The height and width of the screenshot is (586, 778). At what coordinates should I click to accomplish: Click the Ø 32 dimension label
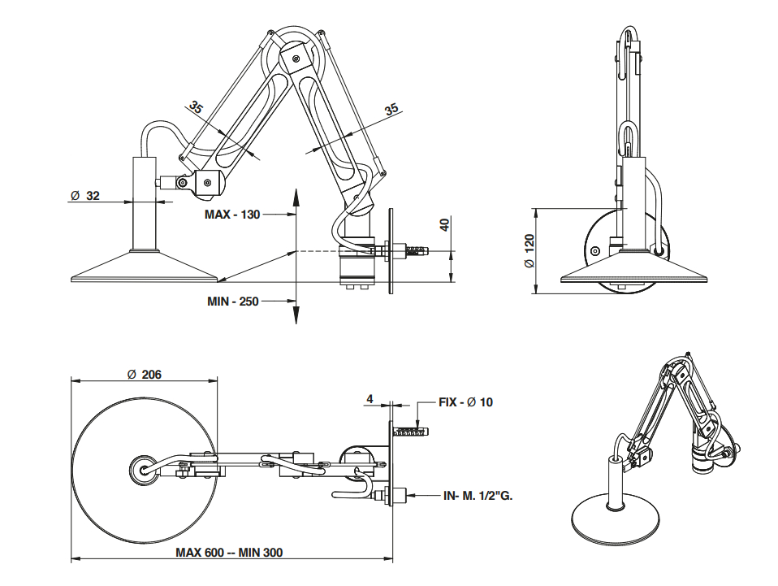(85, 195)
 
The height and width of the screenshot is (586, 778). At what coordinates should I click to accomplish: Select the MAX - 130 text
(232, 215)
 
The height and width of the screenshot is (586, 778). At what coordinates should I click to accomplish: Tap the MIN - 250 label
(232, 302)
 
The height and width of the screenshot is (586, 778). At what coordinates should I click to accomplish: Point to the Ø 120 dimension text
(529, 252)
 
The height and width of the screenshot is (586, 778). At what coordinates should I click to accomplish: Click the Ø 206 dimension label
(145, 375)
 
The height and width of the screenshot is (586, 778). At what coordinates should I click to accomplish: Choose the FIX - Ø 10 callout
(465, 402)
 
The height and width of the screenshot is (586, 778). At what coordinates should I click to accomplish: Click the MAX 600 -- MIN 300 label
(229, 552)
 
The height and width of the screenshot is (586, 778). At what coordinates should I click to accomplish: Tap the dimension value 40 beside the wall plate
(444, 225)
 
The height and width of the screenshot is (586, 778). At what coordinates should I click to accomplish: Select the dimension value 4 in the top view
(370, 399)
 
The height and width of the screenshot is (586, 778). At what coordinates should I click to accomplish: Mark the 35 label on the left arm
(197, 106)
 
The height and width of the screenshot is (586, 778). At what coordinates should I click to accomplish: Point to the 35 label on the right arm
(391, 109)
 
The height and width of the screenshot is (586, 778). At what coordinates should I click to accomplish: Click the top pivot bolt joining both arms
(296, 59)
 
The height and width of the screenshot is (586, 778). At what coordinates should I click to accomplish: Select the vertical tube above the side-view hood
(146, 203)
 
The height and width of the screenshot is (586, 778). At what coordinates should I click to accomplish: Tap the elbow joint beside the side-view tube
(206, 182)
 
